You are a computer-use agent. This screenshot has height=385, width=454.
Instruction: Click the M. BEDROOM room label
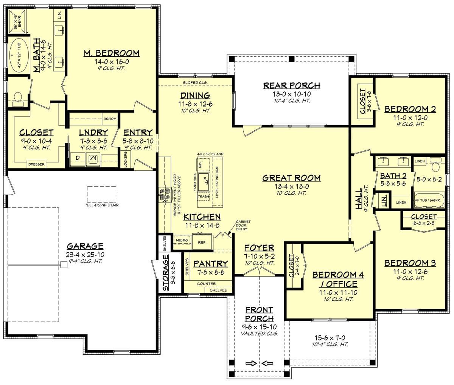(111, 53)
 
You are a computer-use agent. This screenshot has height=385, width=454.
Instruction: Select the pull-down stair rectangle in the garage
(102, 194)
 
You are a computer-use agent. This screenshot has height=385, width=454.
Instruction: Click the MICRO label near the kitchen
(182, 240)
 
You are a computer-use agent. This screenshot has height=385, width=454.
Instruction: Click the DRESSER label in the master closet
(36, 164)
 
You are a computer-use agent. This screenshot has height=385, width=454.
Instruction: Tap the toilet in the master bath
(17, 98)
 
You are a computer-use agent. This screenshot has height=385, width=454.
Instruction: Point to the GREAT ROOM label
(292, 178)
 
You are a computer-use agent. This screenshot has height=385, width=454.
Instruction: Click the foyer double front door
(259, 272)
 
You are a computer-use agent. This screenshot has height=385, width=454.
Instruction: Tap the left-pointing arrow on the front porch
(267, 363)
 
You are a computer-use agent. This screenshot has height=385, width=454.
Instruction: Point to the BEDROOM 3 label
(410, 263)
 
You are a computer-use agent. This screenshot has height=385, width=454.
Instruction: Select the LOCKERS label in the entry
(125, 159)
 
